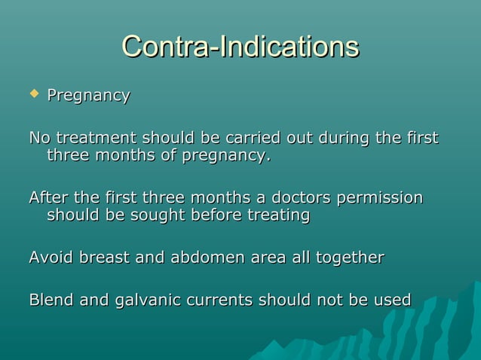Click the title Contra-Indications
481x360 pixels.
240,47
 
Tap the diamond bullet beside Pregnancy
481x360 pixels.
32,94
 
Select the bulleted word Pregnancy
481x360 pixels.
88,96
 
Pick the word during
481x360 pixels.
343,139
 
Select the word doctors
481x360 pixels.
299,198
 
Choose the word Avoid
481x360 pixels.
50,258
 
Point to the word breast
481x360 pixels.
104,258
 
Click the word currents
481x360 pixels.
219,300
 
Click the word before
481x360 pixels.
215,215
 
